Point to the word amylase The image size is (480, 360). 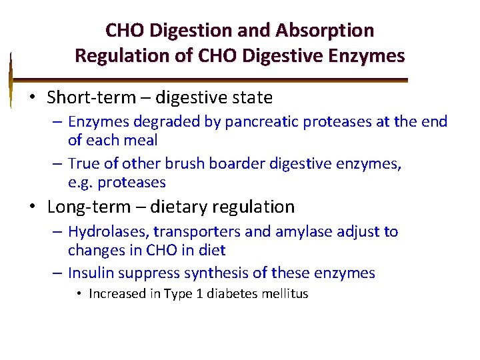[312, 232]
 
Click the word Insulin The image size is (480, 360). [91, 273]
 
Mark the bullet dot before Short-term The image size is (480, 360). [32, 98]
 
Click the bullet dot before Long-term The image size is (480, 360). [32, 207]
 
